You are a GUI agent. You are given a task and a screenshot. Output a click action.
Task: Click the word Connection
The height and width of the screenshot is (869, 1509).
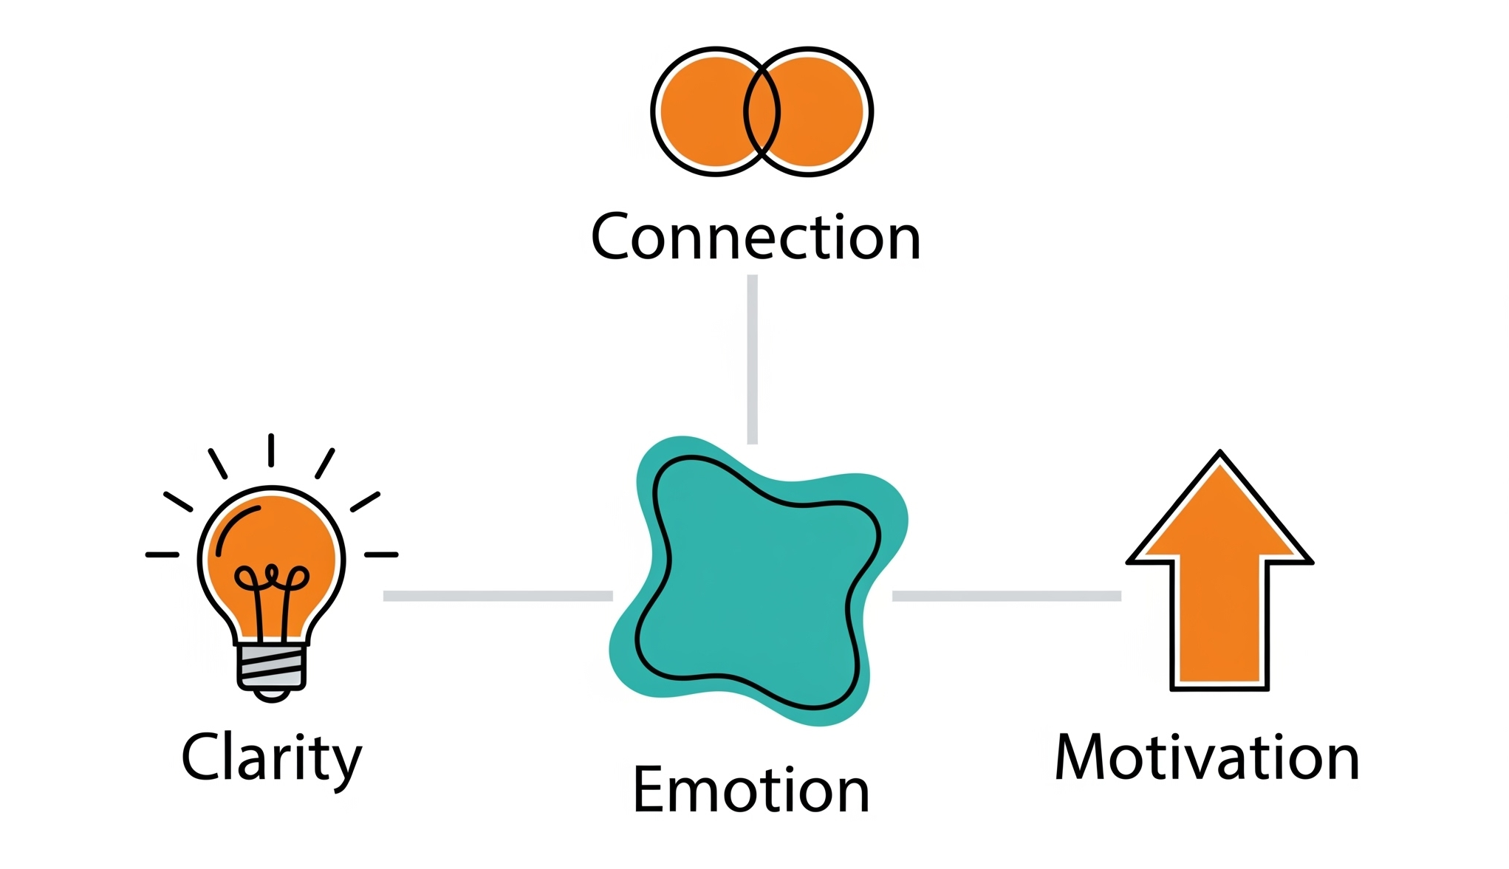click(x=756, y=238)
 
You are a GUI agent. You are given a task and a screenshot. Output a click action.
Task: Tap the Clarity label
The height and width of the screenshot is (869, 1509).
click(x=272, y=758)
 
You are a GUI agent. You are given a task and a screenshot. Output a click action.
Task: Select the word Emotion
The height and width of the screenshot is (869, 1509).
click(x=751, y=790)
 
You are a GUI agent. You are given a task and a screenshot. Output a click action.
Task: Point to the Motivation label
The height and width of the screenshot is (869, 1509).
click(x=1207, y=758)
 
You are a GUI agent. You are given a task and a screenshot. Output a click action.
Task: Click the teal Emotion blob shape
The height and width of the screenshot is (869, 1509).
click(x=757, y=583)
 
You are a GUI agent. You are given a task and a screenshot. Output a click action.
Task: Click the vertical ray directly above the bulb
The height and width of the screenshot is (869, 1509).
click(x=271, y=450)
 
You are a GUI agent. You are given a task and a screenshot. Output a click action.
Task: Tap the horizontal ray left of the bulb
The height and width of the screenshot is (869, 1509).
click(x=162, y=554)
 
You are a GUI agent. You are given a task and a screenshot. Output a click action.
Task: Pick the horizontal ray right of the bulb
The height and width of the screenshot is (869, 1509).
click(x=381, y=554)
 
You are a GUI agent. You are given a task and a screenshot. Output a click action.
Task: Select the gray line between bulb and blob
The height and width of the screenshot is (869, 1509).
click(x=498, y=596)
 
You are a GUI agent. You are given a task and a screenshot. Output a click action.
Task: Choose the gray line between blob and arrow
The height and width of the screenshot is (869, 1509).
click(x=1007, y=596)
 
